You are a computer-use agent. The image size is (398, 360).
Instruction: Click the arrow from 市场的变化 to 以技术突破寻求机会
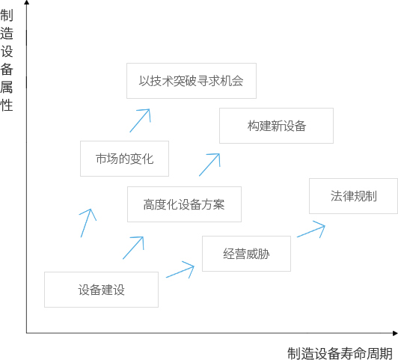pyautogui.click(x=140, y=120)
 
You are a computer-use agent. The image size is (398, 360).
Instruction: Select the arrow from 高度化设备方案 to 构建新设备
pyautogui.click(x=209, y=165)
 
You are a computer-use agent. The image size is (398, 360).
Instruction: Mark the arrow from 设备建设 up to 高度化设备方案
pyautogui.click(x=133, y=248)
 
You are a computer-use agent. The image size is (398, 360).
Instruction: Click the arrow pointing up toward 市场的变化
pyautogui.click(x=86, y=223)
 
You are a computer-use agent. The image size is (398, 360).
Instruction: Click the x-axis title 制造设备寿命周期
pyautogui.click(x=340, y=353)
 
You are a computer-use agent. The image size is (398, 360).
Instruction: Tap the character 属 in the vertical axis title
pyautogui.click(x=6, y=87)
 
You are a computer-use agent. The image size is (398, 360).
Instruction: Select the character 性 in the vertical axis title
pyautogui.click(x=6, y=105)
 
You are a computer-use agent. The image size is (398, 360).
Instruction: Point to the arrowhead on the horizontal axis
pyautogui.click(x=395, y=333)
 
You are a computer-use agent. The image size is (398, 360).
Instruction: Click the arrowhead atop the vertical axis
pyautogui.click(x=27, y=2)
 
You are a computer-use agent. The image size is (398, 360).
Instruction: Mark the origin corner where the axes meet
pyautogui.click(x=27, y=333)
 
